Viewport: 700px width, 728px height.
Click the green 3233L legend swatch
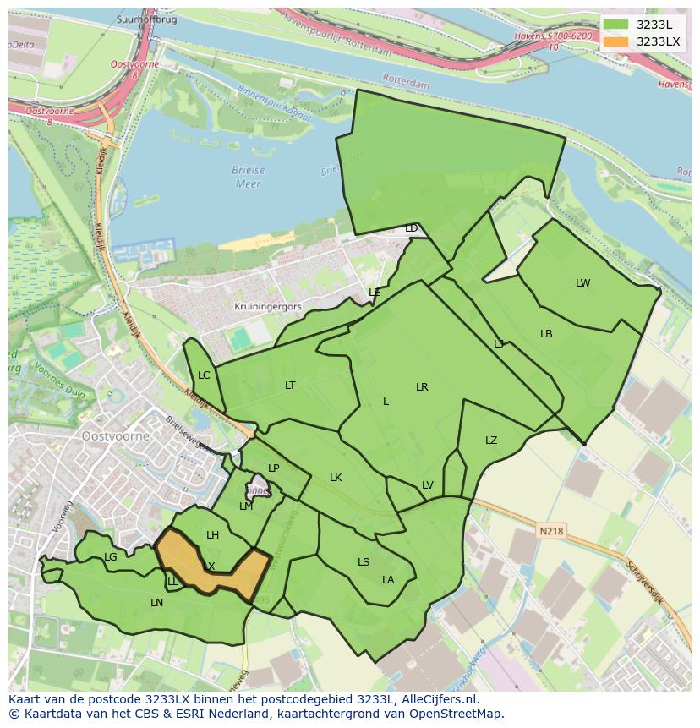[x=615, y=25]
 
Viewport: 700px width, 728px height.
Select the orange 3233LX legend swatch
[x=615, y=41]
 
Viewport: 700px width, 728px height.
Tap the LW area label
[x=582, y=283]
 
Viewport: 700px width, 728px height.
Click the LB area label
[x=546, y=334]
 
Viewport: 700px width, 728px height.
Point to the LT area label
[x=290, y=386]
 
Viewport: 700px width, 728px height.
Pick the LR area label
[x=422, y=387]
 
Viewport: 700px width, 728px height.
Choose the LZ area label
[x=491, y=441]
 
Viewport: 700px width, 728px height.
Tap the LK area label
[x=336, y=478]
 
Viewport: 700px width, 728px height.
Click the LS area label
[x=364, y=562]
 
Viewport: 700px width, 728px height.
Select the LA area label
[x=388, y=580]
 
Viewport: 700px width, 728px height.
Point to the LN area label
[x=156, y=603]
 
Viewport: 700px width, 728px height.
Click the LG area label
[x=111, y=557]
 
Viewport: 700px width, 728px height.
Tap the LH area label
[x=212, y=535]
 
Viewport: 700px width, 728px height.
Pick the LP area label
[x=273, y=468]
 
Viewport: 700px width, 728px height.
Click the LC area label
[x=204, y=375]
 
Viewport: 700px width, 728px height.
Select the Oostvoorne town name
[x=116, y=436]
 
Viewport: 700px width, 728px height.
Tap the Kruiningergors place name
[x=268, y=308]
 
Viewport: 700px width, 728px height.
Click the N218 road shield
[x=550, y=531]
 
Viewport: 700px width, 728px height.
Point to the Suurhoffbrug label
[x=147, y=19]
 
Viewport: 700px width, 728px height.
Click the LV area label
[x=427, y=485]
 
